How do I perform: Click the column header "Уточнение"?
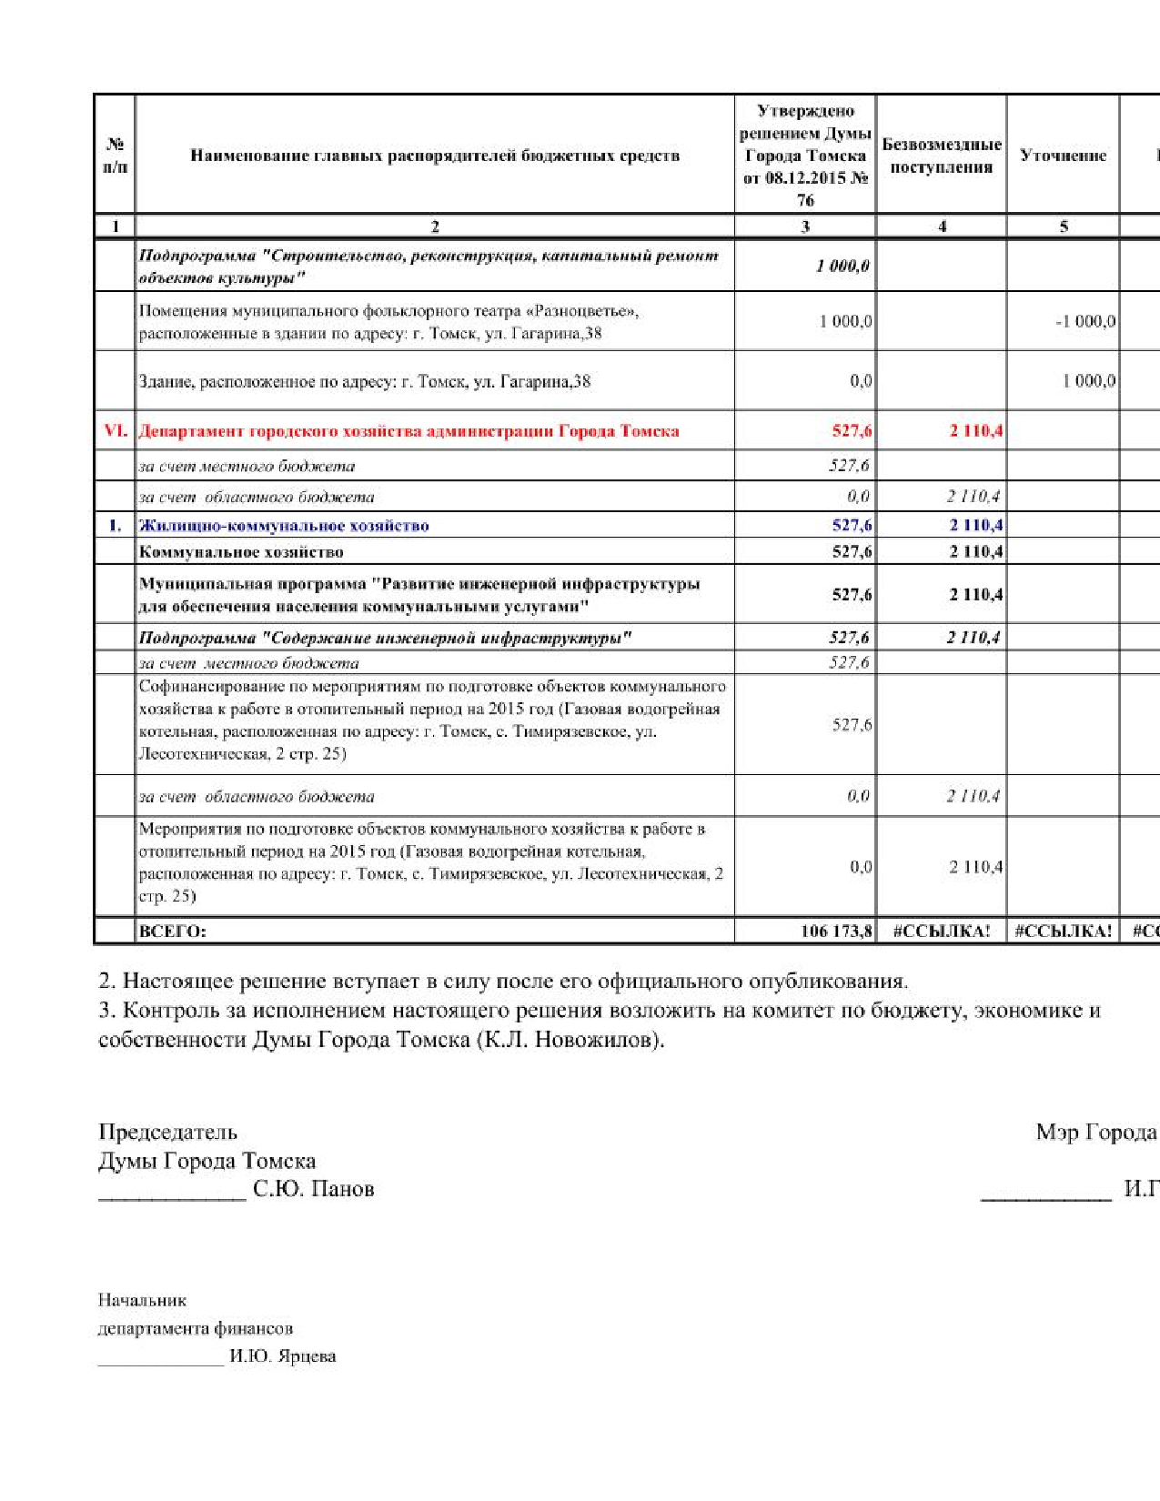click(1063, 156)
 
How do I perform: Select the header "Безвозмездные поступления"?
click(942, 156)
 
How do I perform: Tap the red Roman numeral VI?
click(116, 430)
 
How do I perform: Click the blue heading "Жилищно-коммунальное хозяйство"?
click(283, 525)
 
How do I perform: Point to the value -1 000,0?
click(1085, 321)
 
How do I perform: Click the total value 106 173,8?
click(836, 931)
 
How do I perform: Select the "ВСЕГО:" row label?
click(172, 931)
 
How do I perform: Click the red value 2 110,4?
click(975, 430)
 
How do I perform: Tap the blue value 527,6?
click(852, 525)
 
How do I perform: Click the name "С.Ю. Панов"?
click(313, 1189)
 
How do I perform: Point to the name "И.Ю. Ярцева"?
click(282, 1355)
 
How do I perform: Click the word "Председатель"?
click(167, 1132)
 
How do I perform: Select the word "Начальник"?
click(142, 1300)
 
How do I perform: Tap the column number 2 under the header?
click(435, 227)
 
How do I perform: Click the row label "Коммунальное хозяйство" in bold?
click(241, 551)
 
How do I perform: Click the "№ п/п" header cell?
click(115, 156)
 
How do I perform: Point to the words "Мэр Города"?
click(1096, 1132)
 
